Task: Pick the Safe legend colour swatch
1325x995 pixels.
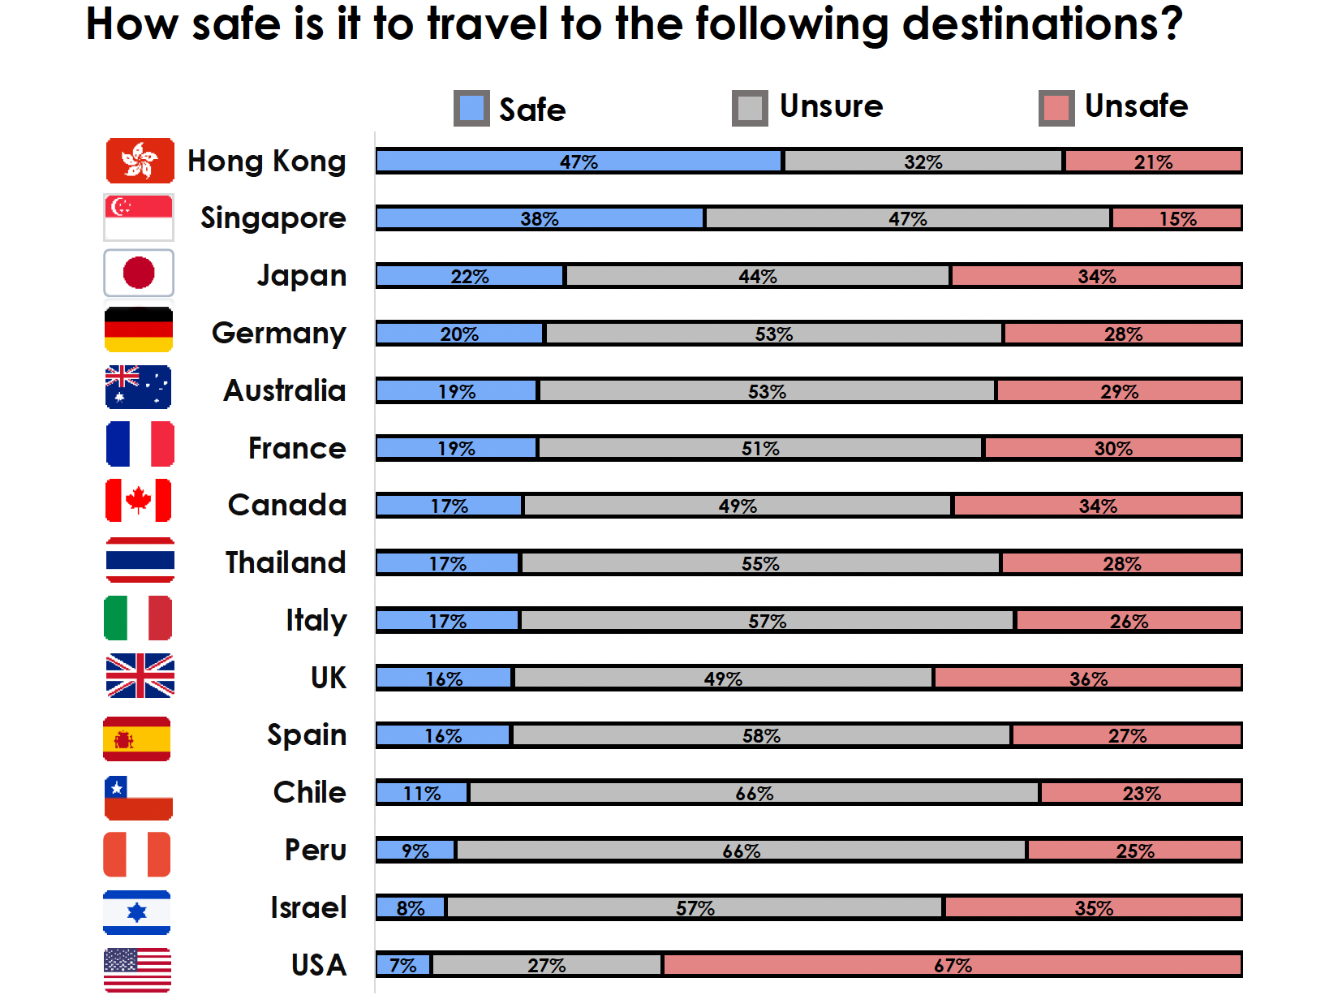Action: pos(471,108)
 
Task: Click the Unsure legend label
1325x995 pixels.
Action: pos(831,106)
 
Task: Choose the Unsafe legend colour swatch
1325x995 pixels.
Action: pos(1056,108)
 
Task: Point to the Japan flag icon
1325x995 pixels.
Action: pos(139,273)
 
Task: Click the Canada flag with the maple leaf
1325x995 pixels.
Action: pos(139,501)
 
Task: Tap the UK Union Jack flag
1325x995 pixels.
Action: pos(140,676)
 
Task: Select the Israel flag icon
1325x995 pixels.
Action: pos(137,912)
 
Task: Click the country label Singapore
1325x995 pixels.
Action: pos(273,218)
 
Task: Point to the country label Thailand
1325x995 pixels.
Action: pos(286,562)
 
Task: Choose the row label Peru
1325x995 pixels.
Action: pos(316,850)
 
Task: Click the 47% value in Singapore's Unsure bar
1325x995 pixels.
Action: pos(907,219)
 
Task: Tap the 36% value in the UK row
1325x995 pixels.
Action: pos(1088,678)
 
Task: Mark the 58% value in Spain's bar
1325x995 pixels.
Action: pos(761,736)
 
